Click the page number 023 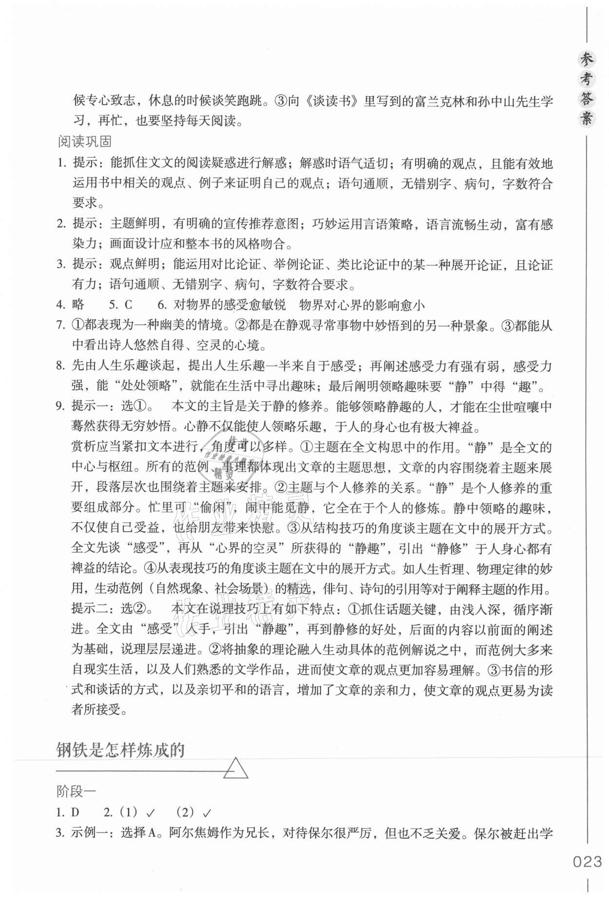point(588,862)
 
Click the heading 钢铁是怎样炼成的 point(120,750)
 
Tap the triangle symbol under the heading point(235,769)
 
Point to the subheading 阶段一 point(76,791)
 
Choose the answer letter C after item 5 point(128,305)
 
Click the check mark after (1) point(151,812)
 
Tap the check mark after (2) point(207,812)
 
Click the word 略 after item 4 point(78,305)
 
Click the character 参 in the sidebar point(588,60)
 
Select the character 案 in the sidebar point(588,118)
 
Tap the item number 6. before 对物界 point(162,305)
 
